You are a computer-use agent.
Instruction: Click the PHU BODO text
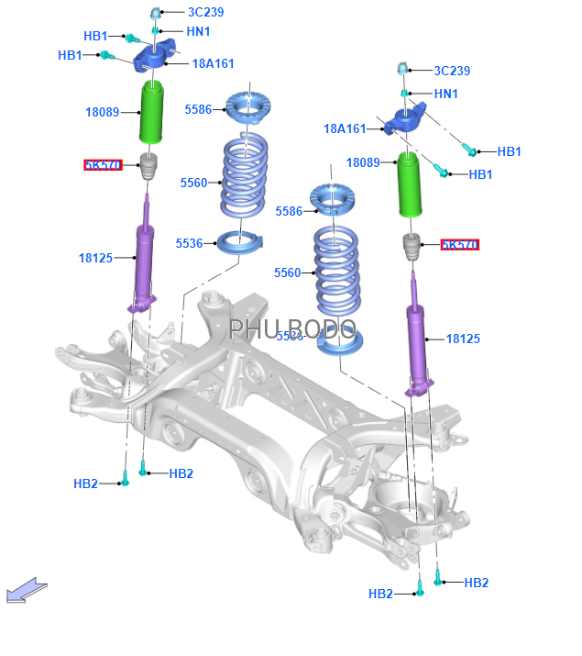coord(291,329)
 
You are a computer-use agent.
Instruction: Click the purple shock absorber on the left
coord(145,261)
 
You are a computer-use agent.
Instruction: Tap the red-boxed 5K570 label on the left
coord(103,165)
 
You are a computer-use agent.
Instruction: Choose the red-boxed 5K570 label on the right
coord(459,245)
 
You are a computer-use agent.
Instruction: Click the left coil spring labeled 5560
coord(245,179)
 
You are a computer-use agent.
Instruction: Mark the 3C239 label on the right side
coord(452,71)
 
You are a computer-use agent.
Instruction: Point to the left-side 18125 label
coord(95,258)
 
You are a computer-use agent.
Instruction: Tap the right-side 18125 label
coord(463,339)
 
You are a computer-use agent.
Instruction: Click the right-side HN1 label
coord(446,94)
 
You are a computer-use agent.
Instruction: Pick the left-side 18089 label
coord(103,112)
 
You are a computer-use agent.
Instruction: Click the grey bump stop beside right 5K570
coord(412,247)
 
